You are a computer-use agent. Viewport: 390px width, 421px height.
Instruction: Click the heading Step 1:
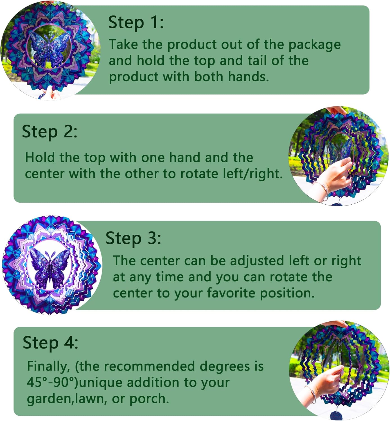point(136,23)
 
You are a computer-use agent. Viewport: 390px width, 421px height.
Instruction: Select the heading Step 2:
point(49,132)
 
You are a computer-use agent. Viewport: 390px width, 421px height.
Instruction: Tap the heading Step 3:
point(133,238)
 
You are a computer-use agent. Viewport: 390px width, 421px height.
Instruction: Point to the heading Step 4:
point(50,343)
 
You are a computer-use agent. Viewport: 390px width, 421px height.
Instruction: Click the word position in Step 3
point(287,294)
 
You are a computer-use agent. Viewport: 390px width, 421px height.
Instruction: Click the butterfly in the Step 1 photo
point(49,50)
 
